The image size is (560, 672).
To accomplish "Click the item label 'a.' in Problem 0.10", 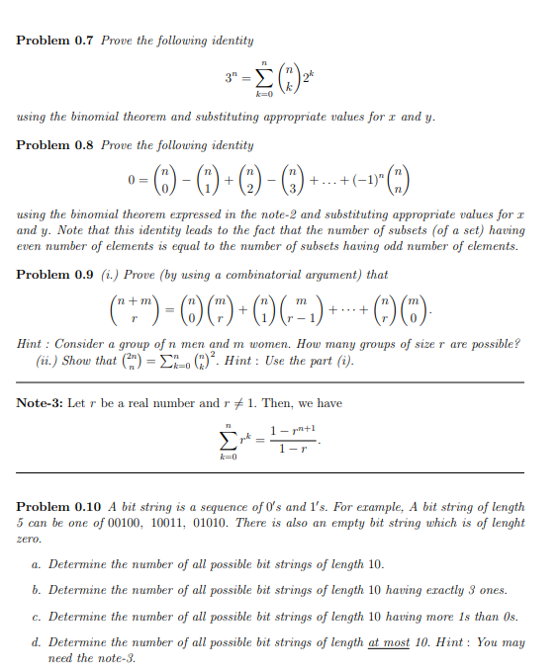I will coord(37,565).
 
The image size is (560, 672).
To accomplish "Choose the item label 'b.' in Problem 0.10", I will coord(37,591).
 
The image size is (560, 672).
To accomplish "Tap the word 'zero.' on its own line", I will coord(29,540).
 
